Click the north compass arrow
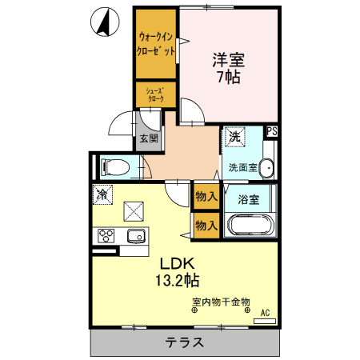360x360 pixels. point(103,22)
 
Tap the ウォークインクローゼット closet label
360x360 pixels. point(156,44)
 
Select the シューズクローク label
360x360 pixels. point(155,94)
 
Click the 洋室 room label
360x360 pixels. point(228,59)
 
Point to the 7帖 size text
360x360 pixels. point(229,78)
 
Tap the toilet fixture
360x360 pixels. point(114,168)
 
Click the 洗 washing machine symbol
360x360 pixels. point(235,137)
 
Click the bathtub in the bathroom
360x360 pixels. point(249,224)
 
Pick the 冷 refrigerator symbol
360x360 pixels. point(102,194)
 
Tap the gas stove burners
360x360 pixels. point(106,236)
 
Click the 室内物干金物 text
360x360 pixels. point(221,302)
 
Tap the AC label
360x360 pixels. point(266,313)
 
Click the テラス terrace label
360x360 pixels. point(186,342)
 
